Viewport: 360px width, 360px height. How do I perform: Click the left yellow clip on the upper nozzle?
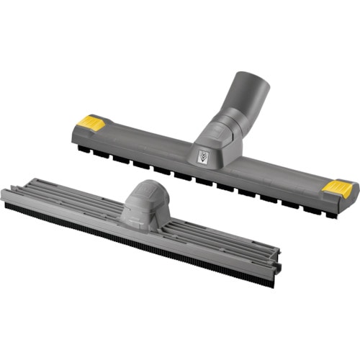(x=91, y=122)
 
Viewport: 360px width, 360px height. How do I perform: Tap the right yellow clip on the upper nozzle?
(x=338, y=189)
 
